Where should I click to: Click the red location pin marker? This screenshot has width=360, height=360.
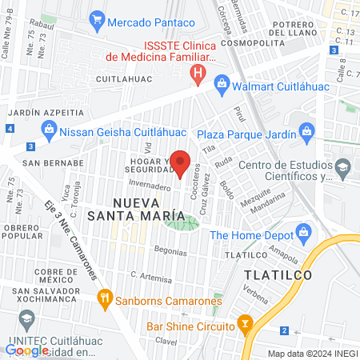181,162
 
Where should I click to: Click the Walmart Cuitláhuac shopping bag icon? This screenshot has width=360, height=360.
222,83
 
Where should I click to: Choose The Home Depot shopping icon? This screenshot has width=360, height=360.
302,235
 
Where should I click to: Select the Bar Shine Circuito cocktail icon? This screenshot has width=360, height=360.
245,326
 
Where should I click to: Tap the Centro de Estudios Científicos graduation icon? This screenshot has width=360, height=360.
343,166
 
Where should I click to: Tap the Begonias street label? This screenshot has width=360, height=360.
169,250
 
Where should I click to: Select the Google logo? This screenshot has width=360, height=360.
26,350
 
